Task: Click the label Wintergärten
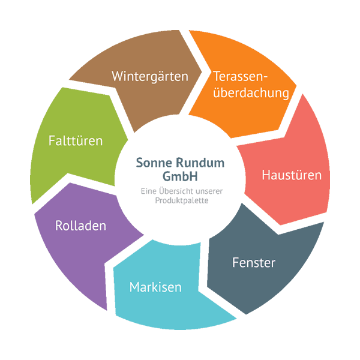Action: click(x=150, y=77)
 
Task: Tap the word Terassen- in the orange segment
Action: click(x=241, y=77)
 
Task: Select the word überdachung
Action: click(x=251, y=93)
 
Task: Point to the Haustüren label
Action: click(x=292, y=175)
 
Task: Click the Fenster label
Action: click(x=254, y=263)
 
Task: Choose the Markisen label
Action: click(x=155, y=287)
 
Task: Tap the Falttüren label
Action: click(x=76, y=141)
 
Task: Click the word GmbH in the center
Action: click(x=180, y=176)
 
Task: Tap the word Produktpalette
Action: click(x=180, y=200)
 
